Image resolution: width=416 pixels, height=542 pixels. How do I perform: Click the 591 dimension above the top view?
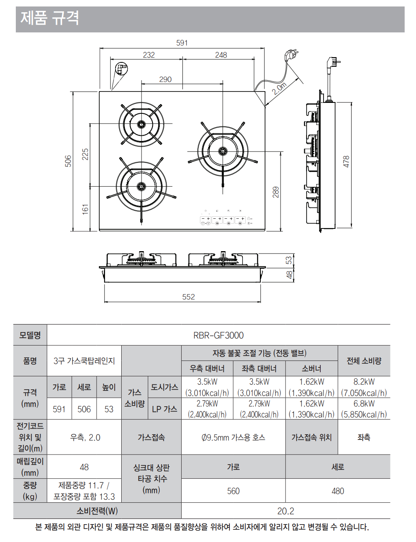pos(182,43)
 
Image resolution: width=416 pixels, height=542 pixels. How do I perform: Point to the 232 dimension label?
pos(149,55)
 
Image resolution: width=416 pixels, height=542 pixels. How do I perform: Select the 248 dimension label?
pos(221,55)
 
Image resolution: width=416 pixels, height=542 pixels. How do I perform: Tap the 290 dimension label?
pos(165,79)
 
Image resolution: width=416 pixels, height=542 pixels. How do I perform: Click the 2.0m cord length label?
pos(279,88)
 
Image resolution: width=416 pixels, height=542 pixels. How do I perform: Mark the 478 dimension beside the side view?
pos(346,161)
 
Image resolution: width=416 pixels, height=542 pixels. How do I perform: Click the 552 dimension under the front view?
pos(189,297)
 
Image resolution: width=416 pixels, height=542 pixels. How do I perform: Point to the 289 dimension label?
pos(276,192)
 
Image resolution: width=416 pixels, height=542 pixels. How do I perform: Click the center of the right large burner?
pos(223,152)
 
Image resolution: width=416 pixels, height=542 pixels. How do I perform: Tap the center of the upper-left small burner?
pos(141,124)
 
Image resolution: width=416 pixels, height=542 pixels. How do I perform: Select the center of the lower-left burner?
pos(141,186)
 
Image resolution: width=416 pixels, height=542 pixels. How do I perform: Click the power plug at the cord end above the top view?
pos(291,55)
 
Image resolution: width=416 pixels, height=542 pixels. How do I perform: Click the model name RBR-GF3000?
pos(219,335)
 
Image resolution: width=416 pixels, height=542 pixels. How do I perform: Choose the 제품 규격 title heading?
pos(50,18)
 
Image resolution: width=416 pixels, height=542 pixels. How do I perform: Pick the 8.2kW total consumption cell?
pos(364,382)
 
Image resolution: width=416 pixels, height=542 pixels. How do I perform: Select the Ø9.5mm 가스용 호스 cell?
pos(233,437)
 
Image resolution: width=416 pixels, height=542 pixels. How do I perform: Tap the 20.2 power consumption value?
pos(285,511)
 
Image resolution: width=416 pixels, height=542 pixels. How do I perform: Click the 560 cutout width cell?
pos(233,491)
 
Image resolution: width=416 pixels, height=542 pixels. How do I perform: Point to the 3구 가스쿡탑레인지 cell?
pos(84,361)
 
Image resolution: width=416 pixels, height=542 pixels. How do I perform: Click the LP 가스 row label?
pos(164,409)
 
